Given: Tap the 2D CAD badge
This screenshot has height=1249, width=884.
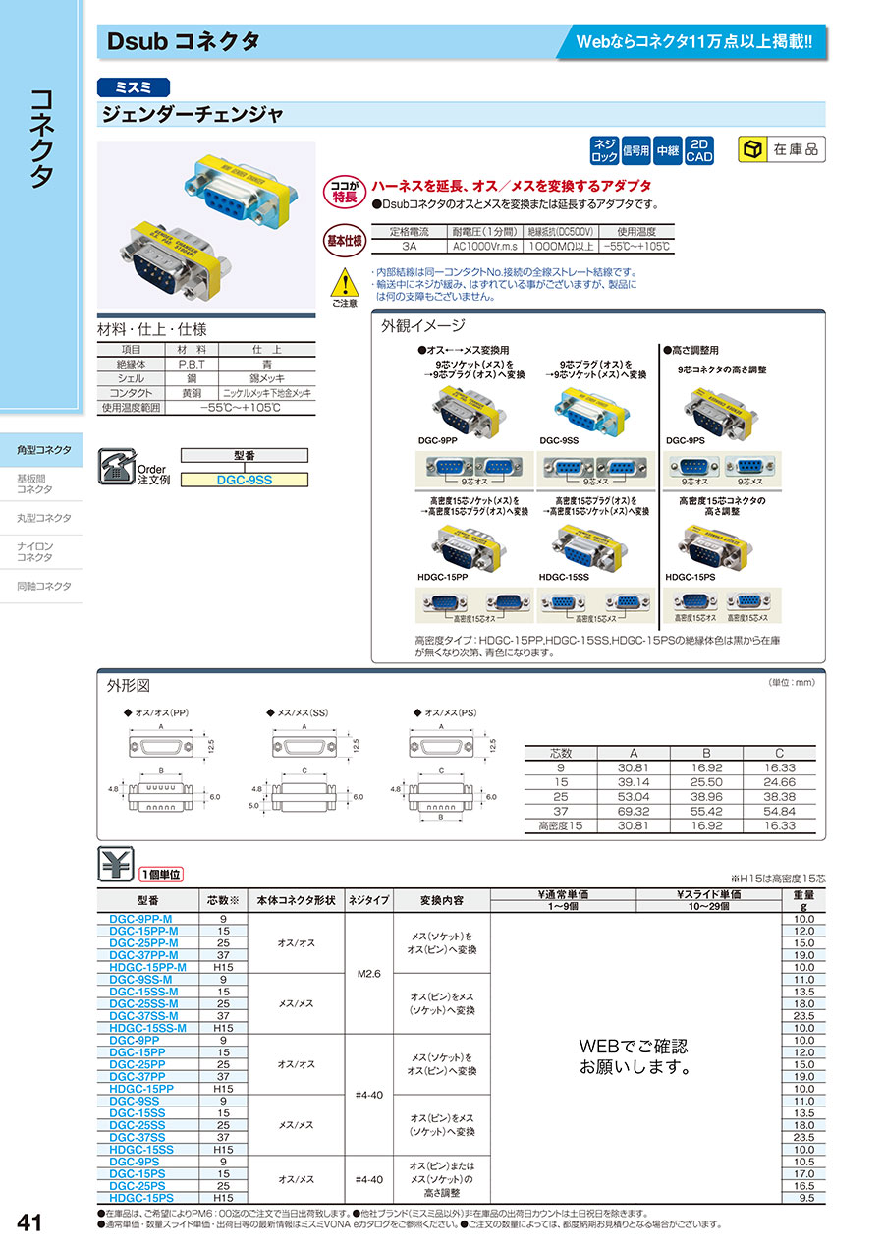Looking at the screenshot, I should (x=698, y=149).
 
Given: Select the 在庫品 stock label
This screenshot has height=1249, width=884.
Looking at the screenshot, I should (x=782, y=149).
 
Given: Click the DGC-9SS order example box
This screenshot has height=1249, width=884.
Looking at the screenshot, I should (x=247, y=480).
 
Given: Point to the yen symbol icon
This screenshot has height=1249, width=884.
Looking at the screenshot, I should (x=116, y=865).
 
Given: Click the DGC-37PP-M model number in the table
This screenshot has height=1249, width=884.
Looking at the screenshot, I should (x=143, y=954).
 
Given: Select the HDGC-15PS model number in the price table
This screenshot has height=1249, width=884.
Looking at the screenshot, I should (x=141, y=1198).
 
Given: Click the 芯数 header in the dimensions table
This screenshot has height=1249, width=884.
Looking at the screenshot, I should (x=560, y=753).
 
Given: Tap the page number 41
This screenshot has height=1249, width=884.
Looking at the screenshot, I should (x=29, y=1222).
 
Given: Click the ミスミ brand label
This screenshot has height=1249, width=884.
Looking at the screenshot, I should (x=134, y=86).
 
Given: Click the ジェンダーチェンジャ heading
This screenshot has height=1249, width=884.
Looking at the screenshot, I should (x=193, y=115).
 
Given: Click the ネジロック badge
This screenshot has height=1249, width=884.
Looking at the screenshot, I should (x=603, y=149).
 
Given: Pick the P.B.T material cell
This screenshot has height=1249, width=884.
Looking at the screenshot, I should (x=191, y=364).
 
